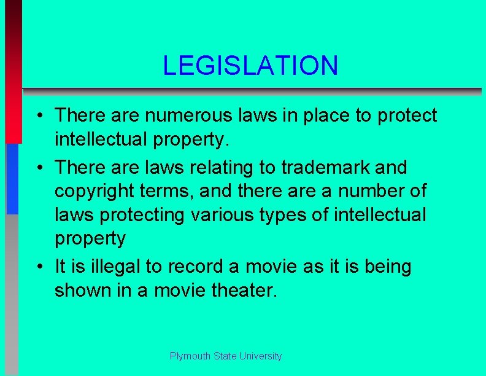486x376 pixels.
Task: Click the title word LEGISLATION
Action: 250,66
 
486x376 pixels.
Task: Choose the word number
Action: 369,191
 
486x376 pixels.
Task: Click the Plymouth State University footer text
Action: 226,356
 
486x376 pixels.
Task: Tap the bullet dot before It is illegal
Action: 38,268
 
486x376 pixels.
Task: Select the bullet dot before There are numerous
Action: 38,116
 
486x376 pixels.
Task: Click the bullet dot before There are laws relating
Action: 38,168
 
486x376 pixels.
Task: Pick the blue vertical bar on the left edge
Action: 12,178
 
